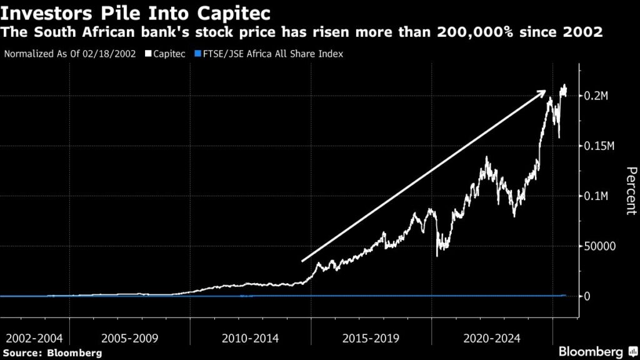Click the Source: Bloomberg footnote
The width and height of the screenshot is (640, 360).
52,353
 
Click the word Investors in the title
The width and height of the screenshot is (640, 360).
44,12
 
